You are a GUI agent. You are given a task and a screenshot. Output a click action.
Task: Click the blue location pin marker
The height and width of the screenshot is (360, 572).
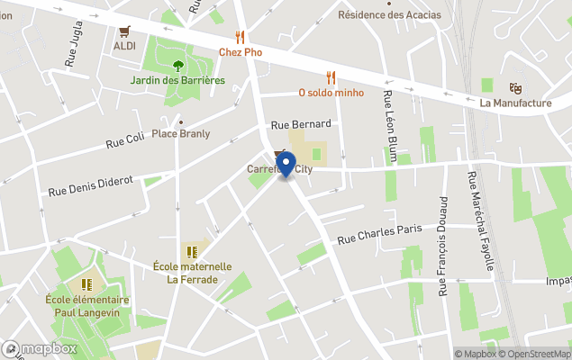(x=286, y=166)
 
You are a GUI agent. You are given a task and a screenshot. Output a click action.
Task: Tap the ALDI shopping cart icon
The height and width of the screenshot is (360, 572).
(x=124, y=31)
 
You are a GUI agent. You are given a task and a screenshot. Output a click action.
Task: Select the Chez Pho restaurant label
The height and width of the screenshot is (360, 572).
(x=241, y=52)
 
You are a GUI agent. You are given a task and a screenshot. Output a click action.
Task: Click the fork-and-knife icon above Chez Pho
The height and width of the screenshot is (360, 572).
(x=240, y=36)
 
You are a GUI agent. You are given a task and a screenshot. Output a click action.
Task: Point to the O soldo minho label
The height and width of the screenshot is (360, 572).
(x=331, y=93)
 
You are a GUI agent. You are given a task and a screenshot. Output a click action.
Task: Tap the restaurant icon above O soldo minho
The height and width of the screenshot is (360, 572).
(x=331, y=77)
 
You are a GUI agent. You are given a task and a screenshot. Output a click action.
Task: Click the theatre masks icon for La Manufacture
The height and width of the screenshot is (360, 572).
(x=515, y=88)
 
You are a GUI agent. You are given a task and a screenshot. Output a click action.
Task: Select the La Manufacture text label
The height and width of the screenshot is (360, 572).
(x=515, y=103)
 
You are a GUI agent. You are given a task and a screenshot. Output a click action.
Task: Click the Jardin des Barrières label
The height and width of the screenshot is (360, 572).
(x=177, y=81)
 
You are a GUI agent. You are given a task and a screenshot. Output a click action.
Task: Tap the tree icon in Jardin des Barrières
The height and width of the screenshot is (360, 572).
(x=177, y=65)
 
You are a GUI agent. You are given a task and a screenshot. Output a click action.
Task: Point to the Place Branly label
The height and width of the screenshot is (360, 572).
(x=180, y=134)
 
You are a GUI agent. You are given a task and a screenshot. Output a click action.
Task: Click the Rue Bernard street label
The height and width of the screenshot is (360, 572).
(x=302, y=123)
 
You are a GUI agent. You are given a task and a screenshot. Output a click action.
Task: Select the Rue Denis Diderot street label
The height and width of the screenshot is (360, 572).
(x=90, y=185)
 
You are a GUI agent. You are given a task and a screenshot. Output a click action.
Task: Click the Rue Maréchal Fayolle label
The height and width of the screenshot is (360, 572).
(x=481, y=220)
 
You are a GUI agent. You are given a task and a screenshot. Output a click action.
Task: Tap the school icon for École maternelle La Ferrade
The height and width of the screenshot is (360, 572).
(x=191, y=252)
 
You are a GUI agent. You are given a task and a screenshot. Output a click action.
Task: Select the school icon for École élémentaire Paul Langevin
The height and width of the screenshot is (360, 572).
(x=87, y=285)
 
